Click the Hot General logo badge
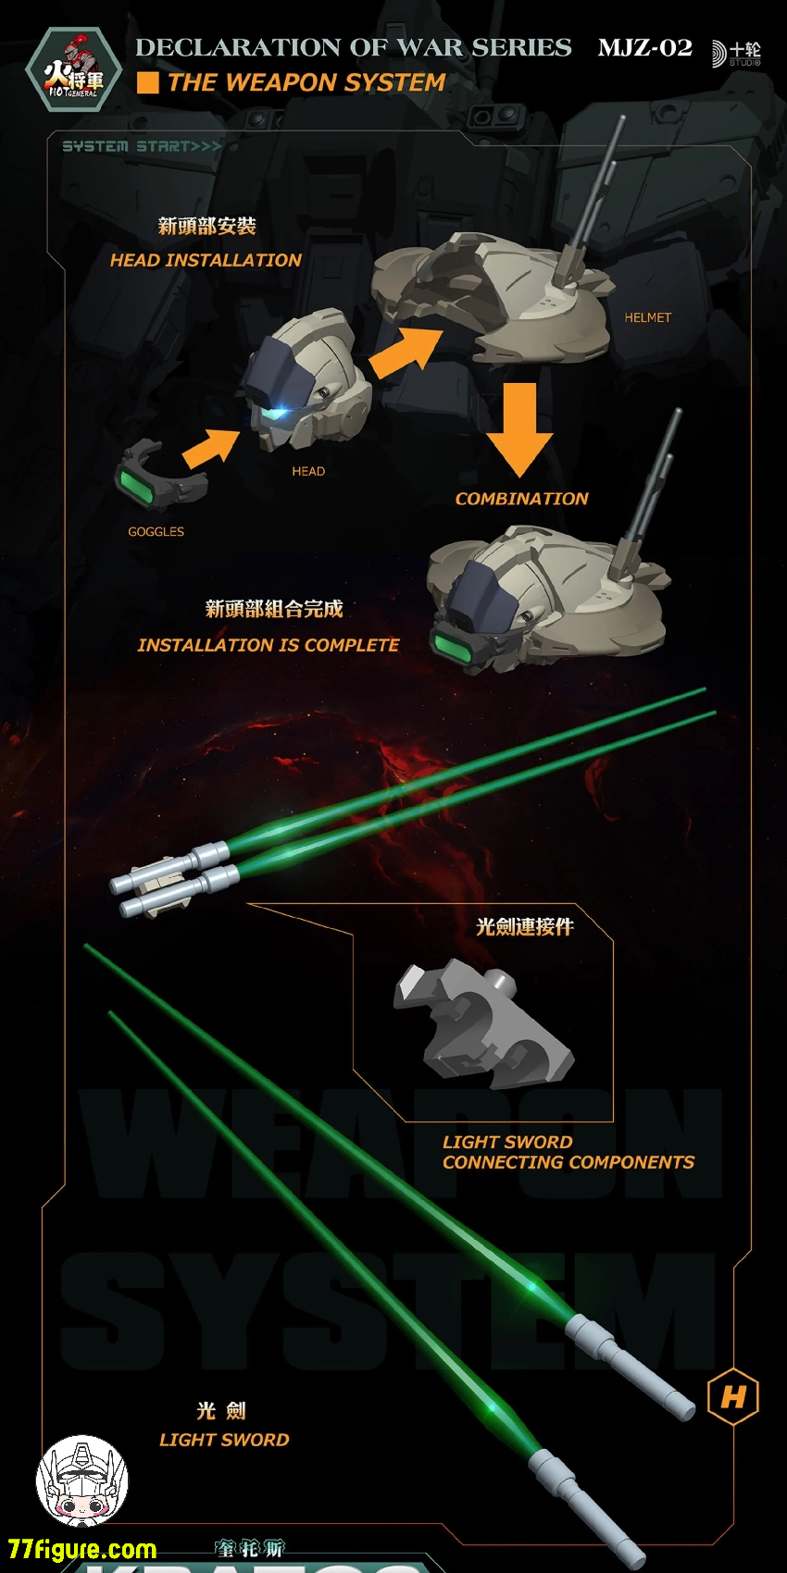73,70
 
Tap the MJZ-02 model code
644,48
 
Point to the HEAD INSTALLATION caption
206,261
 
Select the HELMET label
647,317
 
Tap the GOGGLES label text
156,532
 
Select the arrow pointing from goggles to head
212,446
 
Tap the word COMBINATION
521,499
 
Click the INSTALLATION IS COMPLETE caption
268,645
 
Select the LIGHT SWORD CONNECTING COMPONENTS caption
568,1153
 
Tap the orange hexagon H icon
732,1396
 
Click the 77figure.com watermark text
82,1549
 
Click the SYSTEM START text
142,146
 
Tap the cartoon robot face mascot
82,1481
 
